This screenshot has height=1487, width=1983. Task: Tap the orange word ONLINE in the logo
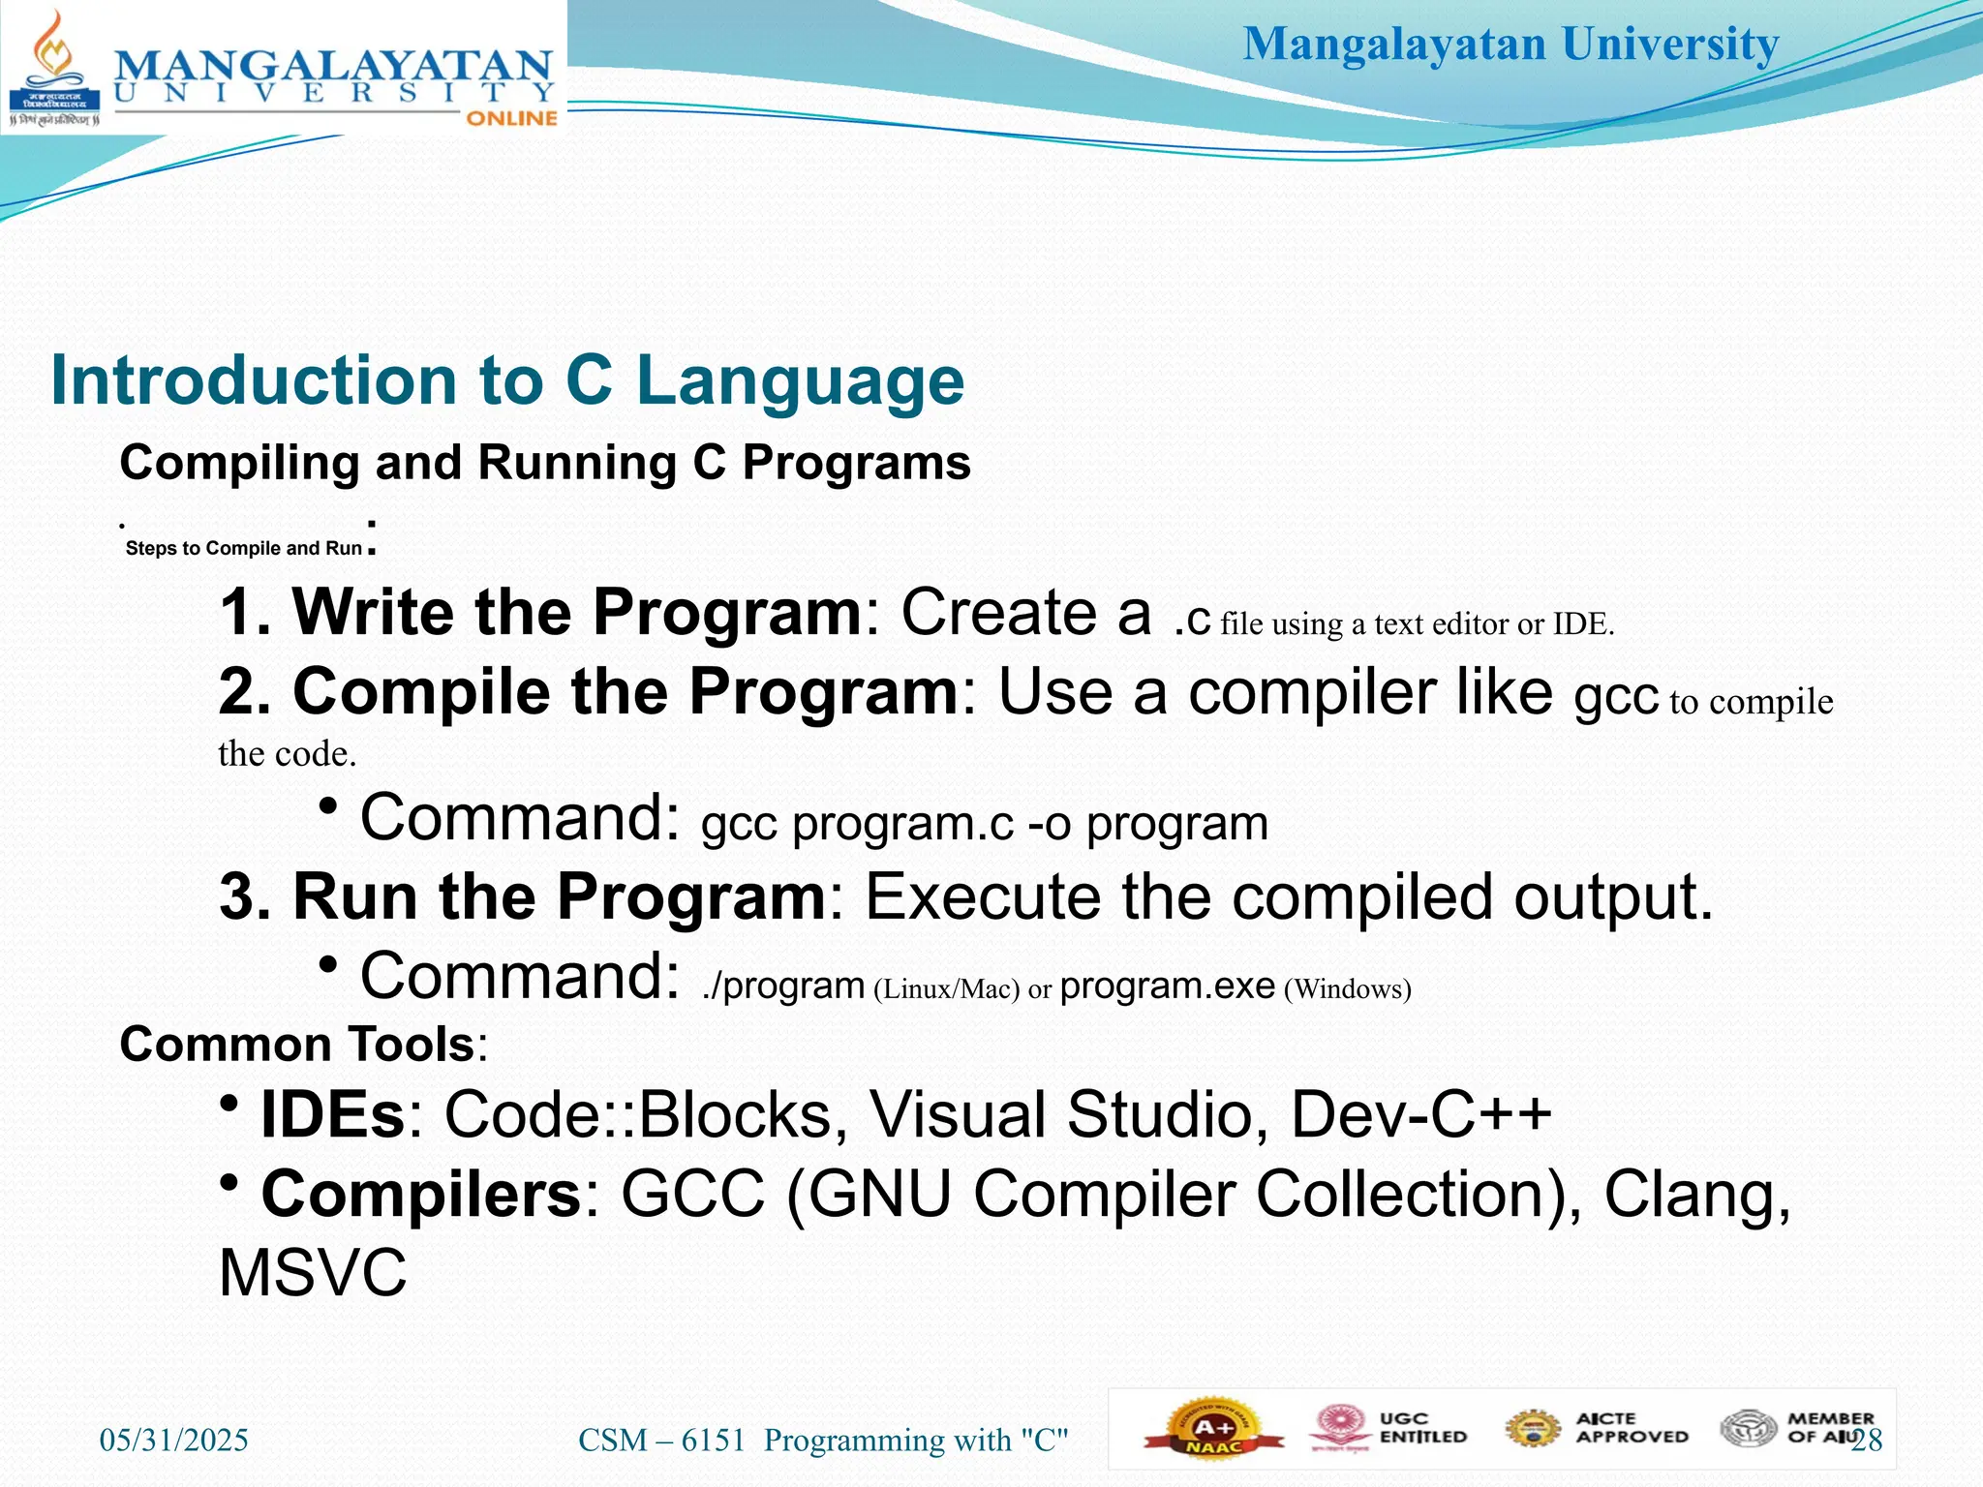pyautogui.click(x=511, y=118)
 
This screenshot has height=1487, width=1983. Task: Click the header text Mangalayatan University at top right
pyautogui.click(x=1510, y=45)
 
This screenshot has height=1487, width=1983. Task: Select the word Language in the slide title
pyautogui.click(x=800, y=379)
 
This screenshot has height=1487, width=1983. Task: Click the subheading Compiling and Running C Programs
pyautogui.click(x=544, y=463)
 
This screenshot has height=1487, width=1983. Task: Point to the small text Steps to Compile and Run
pyautogui.click(x=243, y=548)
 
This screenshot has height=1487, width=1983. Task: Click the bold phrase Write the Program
pyautogui.click(x=576, y=612)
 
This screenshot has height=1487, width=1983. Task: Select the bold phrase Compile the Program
pyautogui.click(x=625, y=691)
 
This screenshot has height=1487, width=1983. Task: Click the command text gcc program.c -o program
pyautogui.click(x=984, y=824)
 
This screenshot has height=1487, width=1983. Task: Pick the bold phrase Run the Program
pyautogui.click(x=559, y=896)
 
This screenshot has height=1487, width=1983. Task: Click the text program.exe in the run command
pyautogui.click(x=1167, y=986)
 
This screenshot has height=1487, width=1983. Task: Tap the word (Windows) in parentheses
pyautogui.click(x=1347, y=989)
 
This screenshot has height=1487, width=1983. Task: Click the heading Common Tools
pyautogui.click(x=298, y=1045)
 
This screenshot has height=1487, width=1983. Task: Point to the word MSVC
pyautogui.click(x=313, y=1273)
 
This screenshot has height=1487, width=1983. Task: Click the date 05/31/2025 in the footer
pyautogui.click(x=174, y=1441)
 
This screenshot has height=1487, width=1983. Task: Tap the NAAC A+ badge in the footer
pyautogui.click(x=1213, y=1433)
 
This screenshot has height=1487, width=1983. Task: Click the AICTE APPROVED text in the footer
pyautogui.click(x=1631, y=1428)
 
